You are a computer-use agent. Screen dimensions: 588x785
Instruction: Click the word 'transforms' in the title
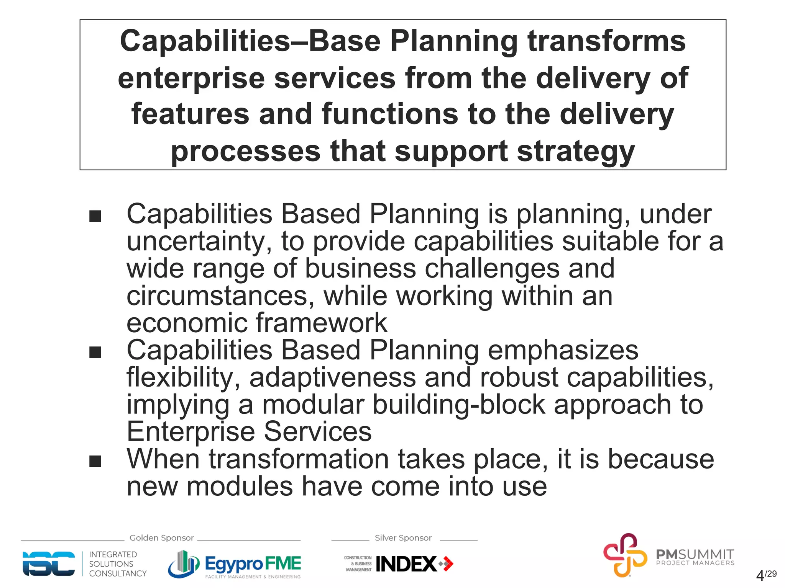606,41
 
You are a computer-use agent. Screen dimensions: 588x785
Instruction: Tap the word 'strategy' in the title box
576,152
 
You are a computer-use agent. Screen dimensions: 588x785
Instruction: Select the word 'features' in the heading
190,114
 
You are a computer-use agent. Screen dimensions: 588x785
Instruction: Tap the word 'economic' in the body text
186,323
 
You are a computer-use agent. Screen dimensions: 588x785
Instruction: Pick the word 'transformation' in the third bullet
296,459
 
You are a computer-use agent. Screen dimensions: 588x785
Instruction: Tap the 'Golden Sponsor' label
161,538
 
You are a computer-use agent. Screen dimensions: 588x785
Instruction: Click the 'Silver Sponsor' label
403,538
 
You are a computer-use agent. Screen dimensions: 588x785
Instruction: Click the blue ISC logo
49,564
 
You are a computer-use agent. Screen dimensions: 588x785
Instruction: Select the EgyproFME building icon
184,564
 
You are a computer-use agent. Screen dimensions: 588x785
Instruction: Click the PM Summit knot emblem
625,555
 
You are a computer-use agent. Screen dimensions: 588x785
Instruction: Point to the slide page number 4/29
765,575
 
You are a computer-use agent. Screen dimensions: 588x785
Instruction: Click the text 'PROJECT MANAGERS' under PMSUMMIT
695,563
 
